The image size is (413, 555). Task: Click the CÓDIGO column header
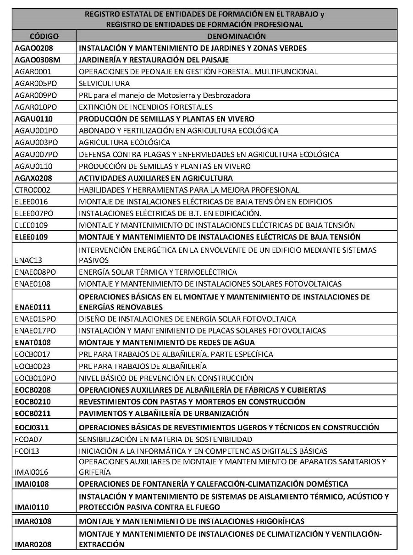(44, 36)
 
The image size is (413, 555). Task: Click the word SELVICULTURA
(104, 83)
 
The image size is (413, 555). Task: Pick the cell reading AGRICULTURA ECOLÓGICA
(124, 142)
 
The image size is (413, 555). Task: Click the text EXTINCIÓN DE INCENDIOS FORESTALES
(146, 107)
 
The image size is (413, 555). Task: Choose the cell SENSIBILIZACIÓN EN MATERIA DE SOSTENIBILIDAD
(165, 439)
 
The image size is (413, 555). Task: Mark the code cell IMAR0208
(33, 544)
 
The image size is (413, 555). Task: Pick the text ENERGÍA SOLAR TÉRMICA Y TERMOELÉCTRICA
(158, 272)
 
